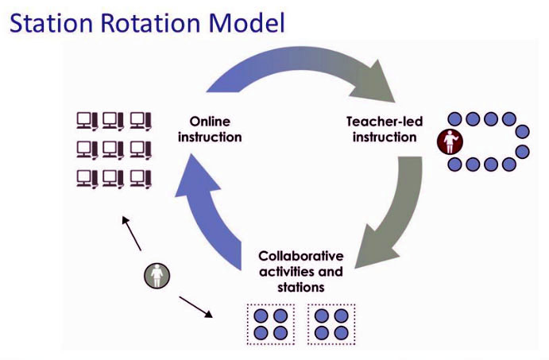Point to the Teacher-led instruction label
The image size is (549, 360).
[x=385, y=129]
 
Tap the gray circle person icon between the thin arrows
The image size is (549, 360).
[x=157, y=276]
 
